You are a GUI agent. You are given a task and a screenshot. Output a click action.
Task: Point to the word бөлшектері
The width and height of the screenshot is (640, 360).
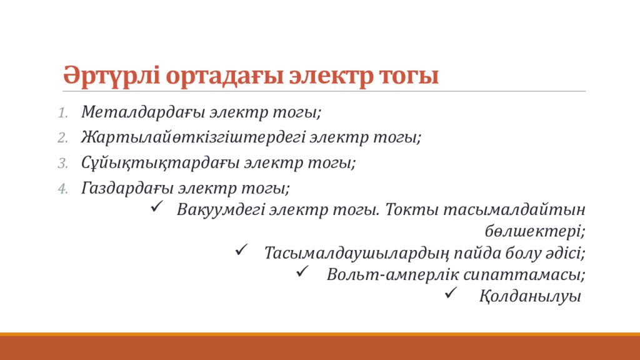[535, 231]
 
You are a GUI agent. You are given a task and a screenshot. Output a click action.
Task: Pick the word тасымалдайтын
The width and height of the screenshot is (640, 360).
[514, 209]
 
